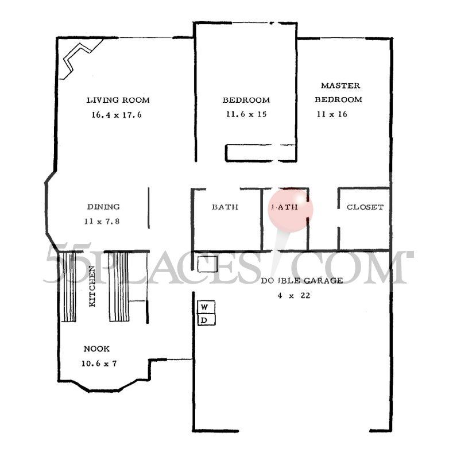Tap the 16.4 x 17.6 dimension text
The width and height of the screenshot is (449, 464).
pos(116,114)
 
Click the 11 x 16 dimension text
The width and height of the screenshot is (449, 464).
pos(332,114)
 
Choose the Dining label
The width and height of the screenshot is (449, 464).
pos(103,207)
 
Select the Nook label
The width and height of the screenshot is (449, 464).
pos(96,349)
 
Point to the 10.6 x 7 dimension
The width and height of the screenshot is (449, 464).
pos(100,363)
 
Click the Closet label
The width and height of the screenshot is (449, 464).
pos(365,207)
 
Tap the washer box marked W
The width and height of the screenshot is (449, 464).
pos(206,307)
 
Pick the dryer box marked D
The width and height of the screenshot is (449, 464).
pos(206,319)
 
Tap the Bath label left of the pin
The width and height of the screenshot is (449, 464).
pos(225,207)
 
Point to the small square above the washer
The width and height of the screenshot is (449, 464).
pos(207,264)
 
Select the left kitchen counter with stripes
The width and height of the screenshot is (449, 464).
pos(69,287)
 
